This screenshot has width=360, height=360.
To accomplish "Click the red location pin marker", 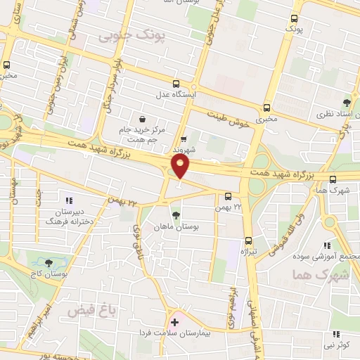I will click(x=181, y=167).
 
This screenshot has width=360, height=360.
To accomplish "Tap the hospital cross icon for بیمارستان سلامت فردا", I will click(x=174, y=323).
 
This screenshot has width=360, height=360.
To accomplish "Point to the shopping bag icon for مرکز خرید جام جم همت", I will click(x=143, y=119).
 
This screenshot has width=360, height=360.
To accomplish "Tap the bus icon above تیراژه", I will click(x=247, y=238).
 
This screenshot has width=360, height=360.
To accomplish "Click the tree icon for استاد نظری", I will click(x=346, y=102).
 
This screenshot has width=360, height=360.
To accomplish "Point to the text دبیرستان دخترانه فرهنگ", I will click(x=60, y=216).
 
